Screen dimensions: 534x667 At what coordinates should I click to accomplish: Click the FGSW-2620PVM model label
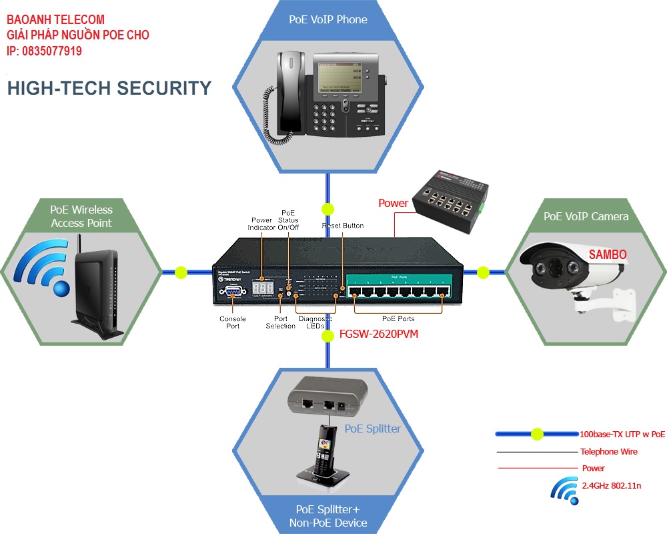(x=379, y=334)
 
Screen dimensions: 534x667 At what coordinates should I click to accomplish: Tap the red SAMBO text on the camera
(x=607, y=255)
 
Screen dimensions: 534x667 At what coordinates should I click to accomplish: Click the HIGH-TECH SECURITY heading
(x=109, y=88)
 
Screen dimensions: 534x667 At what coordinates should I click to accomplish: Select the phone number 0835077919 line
(x=45, y=51)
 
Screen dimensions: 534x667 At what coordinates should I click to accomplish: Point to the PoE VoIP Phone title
(x=328, y=19)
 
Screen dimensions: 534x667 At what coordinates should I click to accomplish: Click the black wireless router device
(x=97, y=294)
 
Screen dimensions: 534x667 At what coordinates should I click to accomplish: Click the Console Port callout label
(x=233, y=322)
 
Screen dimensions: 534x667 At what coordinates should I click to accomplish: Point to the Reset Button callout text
(x=343, y=226)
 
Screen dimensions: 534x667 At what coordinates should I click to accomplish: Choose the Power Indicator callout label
(x=261, y=224)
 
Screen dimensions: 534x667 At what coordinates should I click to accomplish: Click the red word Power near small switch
(x=393, y=203)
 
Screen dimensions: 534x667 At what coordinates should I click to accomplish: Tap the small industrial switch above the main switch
(x=452, y=201)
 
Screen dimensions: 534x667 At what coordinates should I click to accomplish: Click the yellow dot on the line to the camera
(x=483, y=272)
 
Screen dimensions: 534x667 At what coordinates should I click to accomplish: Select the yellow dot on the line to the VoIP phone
(x=327, y=208)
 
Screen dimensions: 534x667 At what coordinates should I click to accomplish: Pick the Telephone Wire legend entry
(x=608, y=452)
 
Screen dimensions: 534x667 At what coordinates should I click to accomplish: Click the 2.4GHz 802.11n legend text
(x=612, y=486)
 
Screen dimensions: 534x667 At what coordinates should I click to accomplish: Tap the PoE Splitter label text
(x=373, y=429)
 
